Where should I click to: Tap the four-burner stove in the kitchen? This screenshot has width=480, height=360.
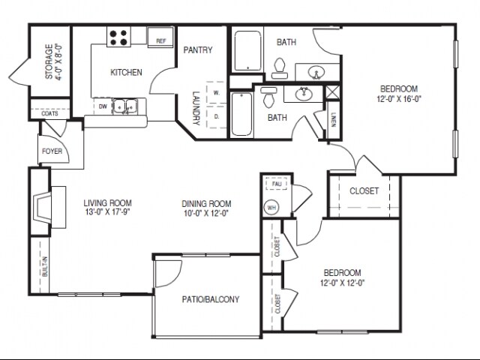tap(118, 37)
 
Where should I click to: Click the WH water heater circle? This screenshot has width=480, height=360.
tap(271, 208)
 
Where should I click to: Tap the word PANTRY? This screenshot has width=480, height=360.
tap(198, 51)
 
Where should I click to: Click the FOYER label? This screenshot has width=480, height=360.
tap(52, 151)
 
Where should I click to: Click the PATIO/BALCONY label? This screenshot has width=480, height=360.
tap(211, 299)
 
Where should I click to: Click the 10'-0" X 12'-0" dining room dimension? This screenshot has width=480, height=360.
tap(206, 213)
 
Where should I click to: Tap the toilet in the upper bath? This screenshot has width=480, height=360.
tap(280, 67)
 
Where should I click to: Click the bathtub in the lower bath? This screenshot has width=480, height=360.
tap(240, 115)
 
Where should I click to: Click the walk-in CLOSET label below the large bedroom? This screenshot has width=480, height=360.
tap(364, 190)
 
